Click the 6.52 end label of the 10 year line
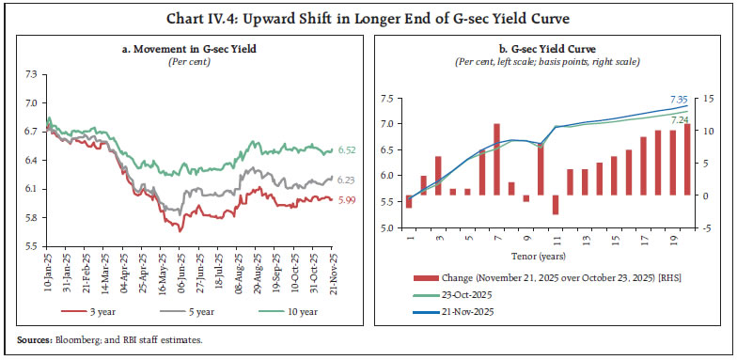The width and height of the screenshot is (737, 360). [x=346, y=150]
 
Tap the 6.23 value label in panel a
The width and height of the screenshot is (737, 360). [x=346, y=180]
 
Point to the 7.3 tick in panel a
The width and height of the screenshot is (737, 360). [x=31, y=73]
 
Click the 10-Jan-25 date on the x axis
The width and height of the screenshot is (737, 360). [x=46, y=271]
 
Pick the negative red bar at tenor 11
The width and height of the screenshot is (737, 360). [x=557, y=204]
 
